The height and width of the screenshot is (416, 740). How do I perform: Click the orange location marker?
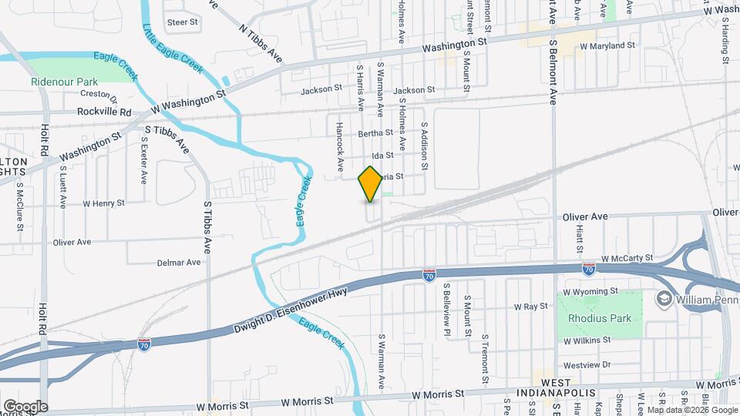pos(370,184)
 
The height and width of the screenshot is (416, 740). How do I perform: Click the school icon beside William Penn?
pos(663,298)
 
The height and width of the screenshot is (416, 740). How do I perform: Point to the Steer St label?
pos(183,22)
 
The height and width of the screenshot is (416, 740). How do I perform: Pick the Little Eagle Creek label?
pos(173,49)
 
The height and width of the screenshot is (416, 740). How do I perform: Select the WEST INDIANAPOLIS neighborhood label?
pos(571,388)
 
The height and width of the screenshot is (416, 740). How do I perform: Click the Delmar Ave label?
pos(178,263)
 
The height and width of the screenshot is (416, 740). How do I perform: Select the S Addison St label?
pos(423,146)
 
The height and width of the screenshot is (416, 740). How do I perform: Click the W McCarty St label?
pos(627,258)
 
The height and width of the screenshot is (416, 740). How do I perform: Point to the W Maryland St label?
pos(606,45)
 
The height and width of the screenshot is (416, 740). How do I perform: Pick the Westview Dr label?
pos(587,364)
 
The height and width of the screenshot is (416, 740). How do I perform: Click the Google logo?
pos(25,406)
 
